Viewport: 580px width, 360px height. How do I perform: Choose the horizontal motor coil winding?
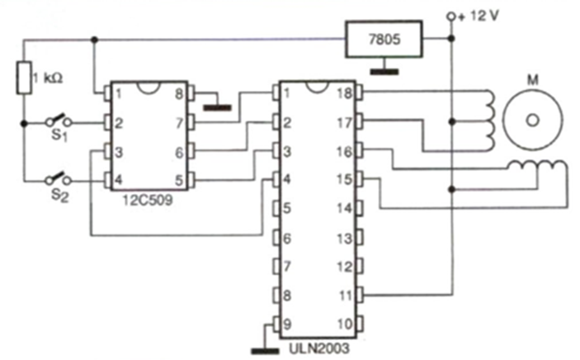point(537,169)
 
